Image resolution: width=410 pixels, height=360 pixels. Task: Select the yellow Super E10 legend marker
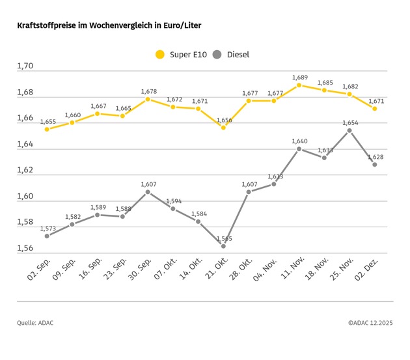(x=160, y=55)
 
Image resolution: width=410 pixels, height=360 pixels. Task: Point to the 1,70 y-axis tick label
(x=25, y=66)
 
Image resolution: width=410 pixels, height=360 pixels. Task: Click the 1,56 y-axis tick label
(x=25, y=249)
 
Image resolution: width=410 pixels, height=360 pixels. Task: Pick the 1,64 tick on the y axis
(x=25, y=144)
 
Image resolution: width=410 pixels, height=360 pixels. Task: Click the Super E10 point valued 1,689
(x=299, y=85)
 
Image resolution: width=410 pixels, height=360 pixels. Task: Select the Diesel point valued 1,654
(x=349, y=130)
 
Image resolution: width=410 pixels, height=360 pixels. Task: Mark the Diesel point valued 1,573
(x=47, y=236)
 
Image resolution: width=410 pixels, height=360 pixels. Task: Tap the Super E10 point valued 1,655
(x=47, y=129)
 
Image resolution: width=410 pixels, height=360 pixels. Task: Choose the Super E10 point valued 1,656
(x=223, y=128)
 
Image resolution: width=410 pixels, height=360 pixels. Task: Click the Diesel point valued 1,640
(x=299, y=149)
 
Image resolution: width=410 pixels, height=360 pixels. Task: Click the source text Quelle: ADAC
(x=36, y=322)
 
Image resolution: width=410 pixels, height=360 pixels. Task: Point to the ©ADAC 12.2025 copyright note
(x=370, y=322)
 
